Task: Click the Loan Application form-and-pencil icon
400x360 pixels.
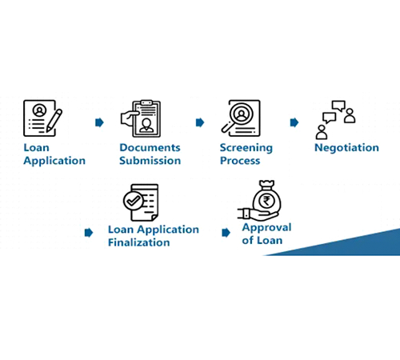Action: point(42,118)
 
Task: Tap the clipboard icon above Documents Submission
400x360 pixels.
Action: point(141,118)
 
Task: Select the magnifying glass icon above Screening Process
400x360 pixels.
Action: point(241,118)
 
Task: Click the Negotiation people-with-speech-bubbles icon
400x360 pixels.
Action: point(335,120)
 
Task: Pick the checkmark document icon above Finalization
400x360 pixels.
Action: point(141,202)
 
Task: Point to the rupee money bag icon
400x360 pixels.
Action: point(259,201)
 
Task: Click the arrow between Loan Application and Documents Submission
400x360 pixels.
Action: point(99,122)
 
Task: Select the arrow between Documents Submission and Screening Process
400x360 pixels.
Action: point(200,122)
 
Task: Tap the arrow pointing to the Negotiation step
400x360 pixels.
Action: point(294,122)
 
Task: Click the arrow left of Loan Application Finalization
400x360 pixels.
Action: point(89,233)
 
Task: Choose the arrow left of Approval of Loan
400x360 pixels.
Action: point(226,233)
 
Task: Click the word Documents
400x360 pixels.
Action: point(150,147)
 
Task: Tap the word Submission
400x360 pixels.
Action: point(150,161)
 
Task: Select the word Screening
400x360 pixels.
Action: point(246,148)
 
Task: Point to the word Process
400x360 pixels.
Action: point(240,161)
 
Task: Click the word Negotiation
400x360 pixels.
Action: point(346,148)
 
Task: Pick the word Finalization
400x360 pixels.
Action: point(139,242)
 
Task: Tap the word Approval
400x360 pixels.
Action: point(266,228)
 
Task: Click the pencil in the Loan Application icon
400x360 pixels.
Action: point(54,120)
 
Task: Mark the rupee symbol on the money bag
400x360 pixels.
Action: point(266,201)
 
